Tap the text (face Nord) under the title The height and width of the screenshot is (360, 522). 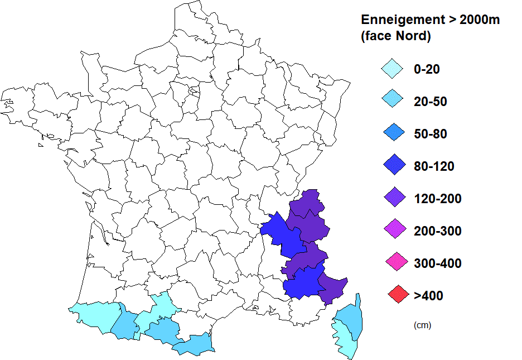(x=397, y=37)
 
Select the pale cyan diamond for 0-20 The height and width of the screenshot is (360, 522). (x=392, y=69)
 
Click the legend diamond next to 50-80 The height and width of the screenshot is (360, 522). (x=392, y=134)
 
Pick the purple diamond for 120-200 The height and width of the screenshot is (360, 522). (x=392, y=198)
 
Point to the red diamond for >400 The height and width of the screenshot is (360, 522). (x=392, y=295)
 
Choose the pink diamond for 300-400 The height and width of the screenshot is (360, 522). (x=392, y=263)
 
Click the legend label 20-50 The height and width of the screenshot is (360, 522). (x=430, y=102)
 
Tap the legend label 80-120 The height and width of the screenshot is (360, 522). (x=433, y=166)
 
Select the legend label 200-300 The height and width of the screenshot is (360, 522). (x=437, y=231)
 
